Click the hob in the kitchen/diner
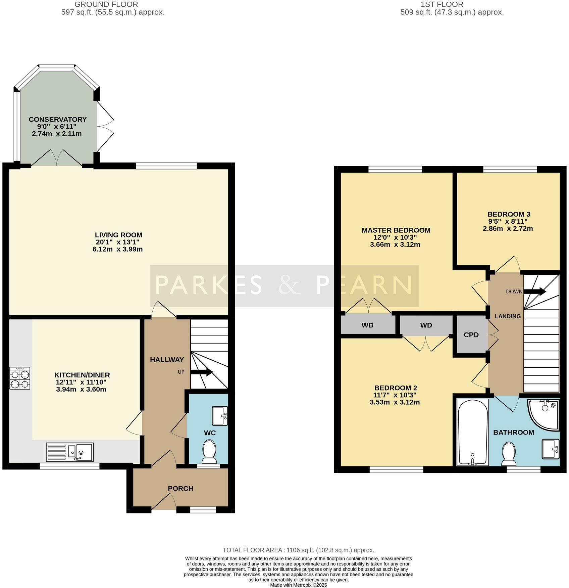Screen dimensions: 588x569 click(20, 378)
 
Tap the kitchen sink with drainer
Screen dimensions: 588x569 click(70, 452)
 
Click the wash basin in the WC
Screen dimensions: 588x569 click(220, 415)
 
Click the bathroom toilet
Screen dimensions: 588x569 click(509, 453)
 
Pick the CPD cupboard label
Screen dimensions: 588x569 click(471, 335)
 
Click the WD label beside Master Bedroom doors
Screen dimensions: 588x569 click(367, 325)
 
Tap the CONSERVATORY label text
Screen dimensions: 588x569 click(58, 120)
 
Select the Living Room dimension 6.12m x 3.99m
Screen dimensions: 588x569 click(118, 249)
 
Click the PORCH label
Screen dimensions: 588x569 click(180, 489)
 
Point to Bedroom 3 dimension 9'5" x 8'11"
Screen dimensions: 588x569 click(507, 221)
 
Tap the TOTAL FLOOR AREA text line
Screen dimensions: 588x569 click(298, 550)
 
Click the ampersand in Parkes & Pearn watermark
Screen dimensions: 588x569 click(289, 285)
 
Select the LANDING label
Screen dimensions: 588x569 click(508, 316)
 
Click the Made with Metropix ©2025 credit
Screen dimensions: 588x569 click(298, 585)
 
